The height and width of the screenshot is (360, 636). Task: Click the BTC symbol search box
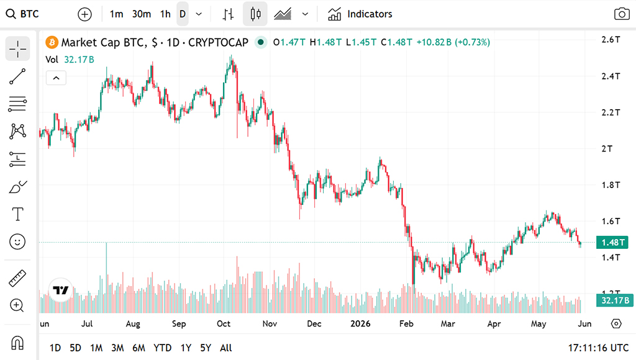coord(23,14)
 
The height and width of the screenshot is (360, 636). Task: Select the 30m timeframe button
coord(142,14)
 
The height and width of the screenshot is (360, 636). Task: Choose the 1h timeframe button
coord(165,14)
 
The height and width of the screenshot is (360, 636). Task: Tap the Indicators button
coord(360,14)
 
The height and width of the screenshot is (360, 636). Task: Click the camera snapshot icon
coord(622,14)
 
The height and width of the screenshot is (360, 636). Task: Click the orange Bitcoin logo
coord(52,42)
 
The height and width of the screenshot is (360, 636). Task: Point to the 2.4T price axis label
coord(611,76)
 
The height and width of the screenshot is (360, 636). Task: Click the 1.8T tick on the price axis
coord(611,185)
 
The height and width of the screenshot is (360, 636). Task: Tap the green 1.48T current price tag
coord(612,243)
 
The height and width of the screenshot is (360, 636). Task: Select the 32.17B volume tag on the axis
coord(615,300)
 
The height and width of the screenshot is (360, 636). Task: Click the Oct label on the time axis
coord(224,323)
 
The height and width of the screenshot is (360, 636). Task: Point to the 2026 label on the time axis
coord(360,323)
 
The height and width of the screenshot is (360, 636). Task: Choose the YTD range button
coord(162,348)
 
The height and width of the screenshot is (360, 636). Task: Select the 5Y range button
coord(206,348)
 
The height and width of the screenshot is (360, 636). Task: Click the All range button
coord(226,348)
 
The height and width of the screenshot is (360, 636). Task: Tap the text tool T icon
coord(17,214)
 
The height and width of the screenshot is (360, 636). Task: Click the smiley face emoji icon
coord(17,241)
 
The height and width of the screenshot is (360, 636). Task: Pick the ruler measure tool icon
coord(17,278)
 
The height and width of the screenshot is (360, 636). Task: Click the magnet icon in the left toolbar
coord(17,343)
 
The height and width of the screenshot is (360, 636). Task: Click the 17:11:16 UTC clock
coord(598,348)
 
